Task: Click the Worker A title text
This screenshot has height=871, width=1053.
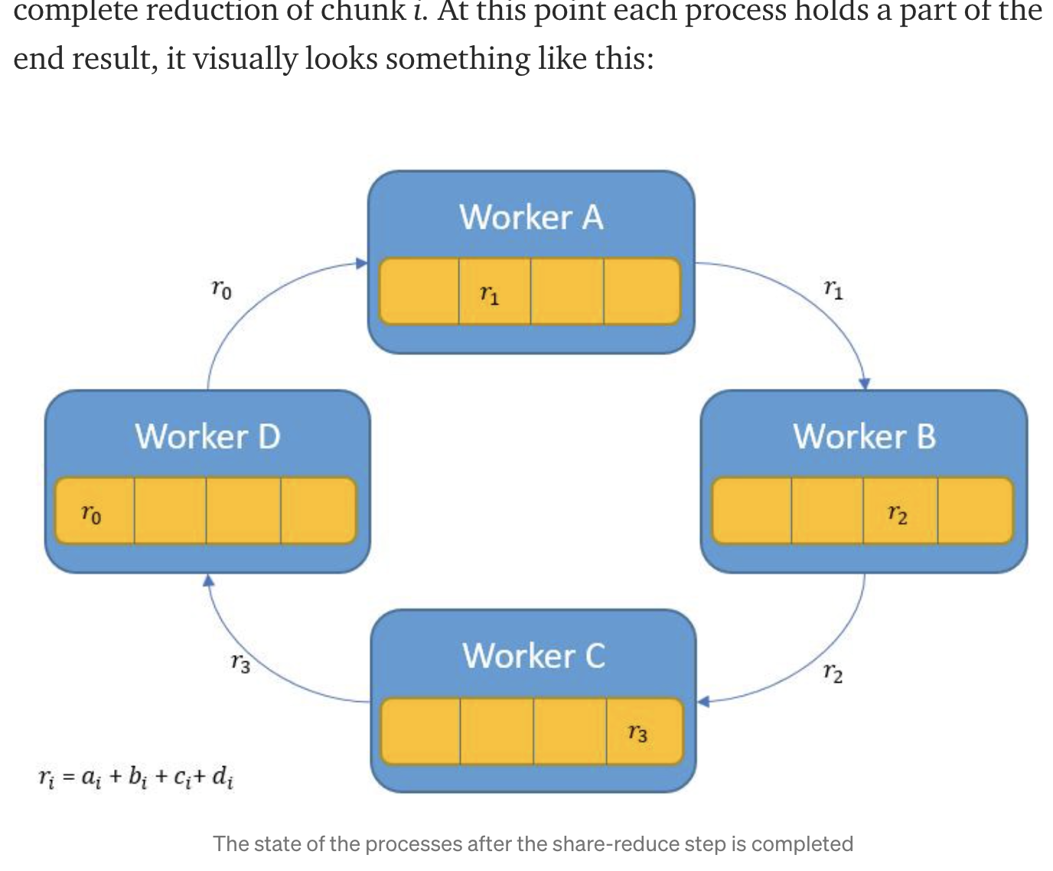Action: coord(531,217)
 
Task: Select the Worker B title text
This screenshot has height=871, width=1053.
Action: coord(864,436)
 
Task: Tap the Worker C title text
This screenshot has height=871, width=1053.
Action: coord(533,656)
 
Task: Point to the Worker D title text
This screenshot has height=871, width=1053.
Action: coord(207,436)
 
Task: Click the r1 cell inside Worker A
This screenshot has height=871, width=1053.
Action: coord(494,292)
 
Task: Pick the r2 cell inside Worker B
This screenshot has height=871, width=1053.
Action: coord(899,511)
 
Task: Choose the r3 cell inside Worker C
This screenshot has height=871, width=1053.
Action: coord(643,731)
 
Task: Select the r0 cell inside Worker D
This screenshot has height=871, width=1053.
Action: coord(95,511)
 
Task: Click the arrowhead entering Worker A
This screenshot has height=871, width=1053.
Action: coord(362,263)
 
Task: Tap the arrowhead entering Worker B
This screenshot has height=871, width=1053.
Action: coord(865,383)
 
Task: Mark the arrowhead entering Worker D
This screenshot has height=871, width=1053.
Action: coord(208,580)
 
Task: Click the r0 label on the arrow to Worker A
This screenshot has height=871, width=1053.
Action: coord(221,289)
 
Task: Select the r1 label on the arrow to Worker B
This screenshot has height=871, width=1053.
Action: coord(833,289)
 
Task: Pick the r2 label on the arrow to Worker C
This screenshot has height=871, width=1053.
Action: coord(833,673)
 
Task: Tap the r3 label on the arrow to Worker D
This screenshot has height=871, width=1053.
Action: coord(240,663)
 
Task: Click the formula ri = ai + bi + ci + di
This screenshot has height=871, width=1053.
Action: coord(136,777)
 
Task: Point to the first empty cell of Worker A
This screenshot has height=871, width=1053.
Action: coord(419,292)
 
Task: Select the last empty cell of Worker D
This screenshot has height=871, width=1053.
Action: coord(318,511)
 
